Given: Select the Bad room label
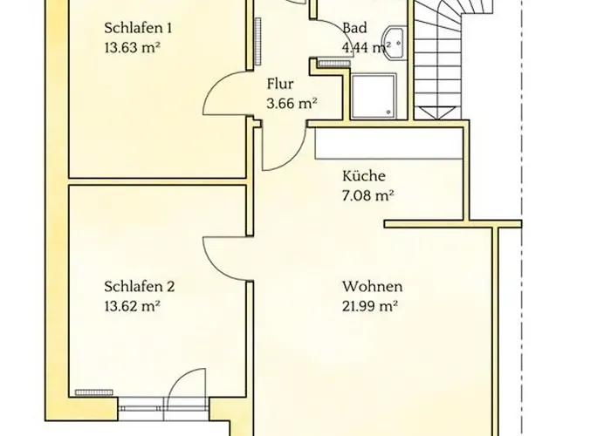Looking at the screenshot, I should click(x=354, y=28).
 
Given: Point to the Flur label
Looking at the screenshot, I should click(x=279, y=85).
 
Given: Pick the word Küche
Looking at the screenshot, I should click(x=364, y=175).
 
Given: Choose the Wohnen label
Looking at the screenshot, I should click(x=372, y=286).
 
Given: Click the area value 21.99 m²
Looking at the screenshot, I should click(x=370, y=305).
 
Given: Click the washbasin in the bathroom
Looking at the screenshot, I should click(x=395, y=40).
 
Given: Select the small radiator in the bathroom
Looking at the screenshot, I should click(x=333, y=62).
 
